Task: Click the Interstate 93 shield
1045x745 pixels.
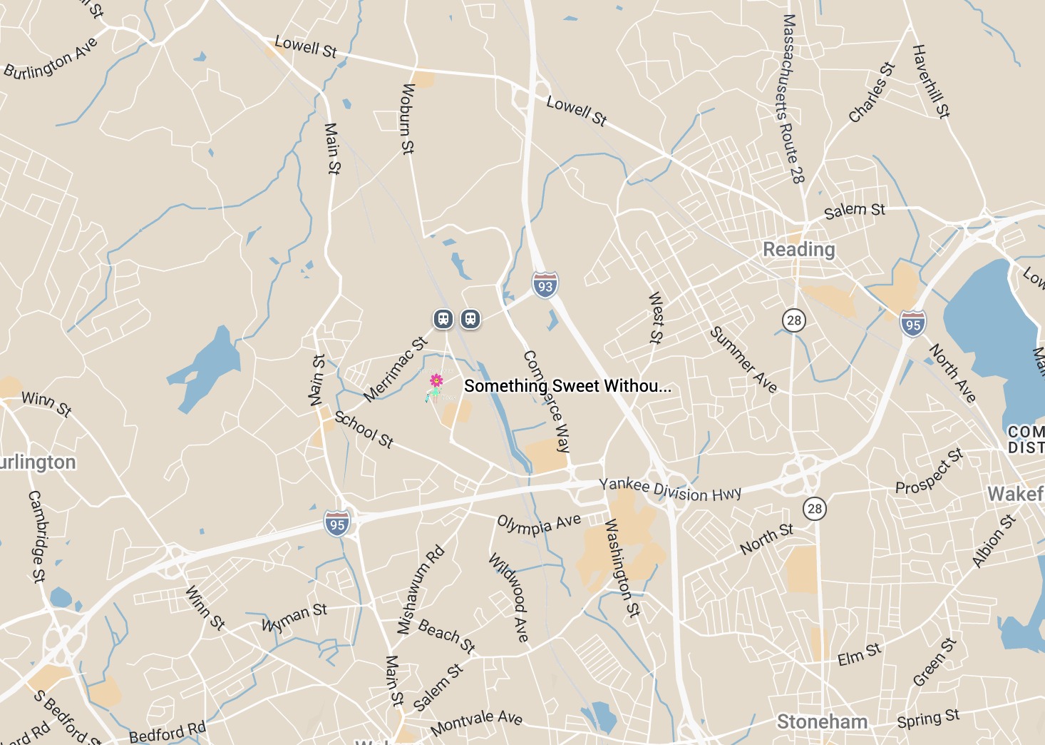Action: [x=545, y=285]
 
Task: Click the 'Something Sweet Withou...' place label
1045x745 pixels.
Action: [x=567, y=386]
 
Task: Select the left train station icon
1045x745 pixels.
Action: [x=443, y=318]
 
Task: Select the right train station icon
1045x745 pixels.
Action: [x=470, y=318]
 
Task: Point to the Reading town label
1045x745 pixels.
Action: [x=798, y=249]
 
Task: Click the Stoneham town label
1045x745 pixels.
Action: [x=822, y=721]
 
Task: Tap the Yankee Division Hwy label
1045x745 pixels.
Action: [x=670, y=490]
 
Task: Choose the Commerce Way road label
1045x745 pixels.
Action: [x=547, y=401]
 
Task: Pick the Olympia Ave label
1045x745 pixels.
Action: [x=539, y=524]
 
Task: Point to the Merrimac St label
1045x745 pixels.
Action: [x=395, y=369]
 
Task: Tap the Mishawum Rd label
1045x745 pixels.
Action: [x=421, y=590]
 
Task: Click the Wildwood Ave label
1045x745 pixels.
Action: [x=509, y=597]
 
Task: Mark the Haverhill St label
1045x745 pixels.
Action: [x=931, y=81]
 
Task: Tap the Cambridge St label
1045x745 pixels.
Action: [x=36, y=536]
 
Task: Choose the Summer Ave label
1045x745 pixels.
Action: [x=743, y=360]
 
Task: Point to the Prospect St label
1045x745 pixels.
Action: [x=929, y=472]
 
